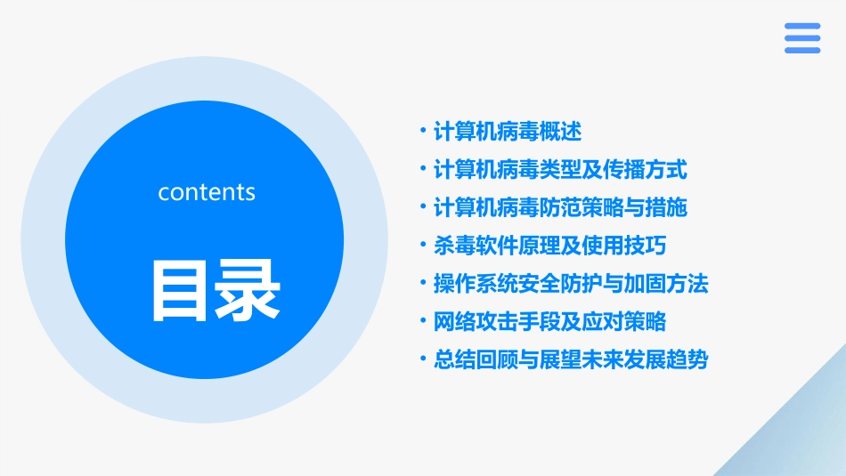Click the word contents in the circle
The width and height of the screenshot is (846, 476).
tap(207, 192)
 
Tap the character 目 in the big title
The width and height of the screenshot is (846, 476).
tap(182, 290)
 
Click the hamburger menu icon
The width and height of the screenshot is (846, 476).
tap(801, 38)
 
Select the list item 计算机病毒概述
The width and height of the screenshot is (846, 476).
tap(507, 132)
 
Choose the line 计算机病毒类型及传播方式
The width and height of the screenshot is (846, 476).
tap(559, 169)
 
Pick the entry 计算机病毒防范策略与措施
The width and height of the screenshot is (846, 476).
tap(559, 207)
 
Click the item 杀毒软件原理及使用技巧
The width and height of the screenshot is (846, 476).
tap(549, 246)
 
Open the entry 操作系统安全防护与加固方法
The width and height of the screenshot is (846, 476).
tap(570, 284)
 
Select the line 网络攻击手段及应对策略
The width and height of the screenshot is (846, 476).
tap(549, 321)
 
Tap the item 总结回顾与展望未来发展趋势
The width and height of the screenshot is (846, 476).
tap(570, 359)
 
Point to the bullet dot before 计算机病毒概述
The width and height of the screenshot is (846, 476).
tap(422, 132)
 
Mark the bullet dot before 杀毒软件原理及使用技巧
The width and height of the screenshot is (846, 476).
tap(422, 246)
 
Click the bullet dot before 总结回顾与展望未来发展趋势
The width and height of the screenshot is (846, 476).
tap(422, 359)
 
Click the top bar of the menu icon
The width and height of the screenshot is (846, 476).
tap(801, 27)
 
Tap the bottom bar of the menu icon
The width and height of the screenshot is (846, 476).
tap(801, 50)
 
